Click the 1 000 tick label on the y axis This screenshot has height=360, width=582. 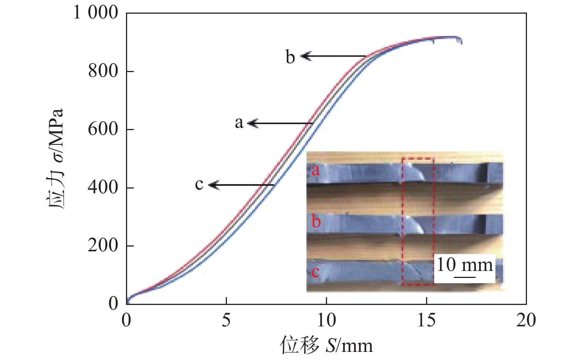click(95, 13)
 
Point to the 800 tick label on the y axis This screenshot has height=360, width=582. click(103, 71)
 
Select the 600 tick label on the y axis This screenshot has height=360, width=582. click(103, 129)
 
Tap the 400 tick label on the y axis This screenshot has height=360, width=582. click(103, 187)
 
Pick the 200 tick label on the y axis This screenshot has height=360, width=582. click(103, 245)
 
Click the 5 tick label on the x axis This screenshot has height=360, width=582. click(226, 320)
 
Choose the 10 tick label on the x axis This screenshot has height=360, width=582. click(326, 320)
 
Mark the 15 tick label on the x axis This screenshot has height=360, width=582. click(426, 320)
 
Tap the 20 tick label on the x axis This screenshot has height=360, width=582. click(526, 320)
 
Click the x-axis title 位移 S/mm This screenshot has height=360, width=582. click(326, 345)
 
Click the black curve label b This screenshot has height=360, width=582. click(290, 57)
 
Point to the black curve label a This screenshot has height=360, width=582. click(239, 122)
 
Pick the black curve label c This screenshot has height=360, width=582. click(199, 184)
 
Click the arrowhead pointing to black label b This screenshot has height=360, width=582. click(305, 56)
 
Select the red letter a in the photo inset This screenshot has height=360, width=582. click(315, 170)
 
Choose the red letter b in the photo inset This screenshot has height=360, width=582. click(316, 222)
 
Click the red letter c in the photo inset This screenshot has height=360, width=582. click(315, 272)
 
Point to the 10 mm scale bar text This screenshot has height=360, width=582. click(464, 265)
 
